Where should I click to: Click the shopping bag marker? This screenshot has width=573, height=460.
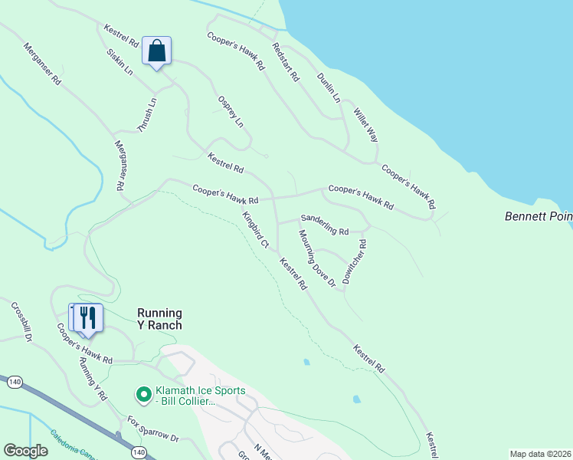(x=156, y=52)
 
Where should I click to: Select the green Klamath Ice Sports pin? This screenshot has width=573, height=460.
(x=142, y=395)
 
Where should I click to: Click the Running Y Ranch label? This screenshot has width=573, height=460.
(x=159, y=319)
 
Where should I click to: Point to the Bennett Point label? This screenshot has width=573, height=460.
(x=538, y=217)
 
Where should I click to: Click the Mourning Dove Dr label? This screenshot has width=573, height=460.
(x=317, y=259)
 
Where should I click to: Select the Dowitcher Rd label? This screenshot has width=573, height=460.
(x=355, y=262)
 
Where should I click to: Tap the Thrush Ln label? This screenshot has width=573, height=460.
(x=147, y=115)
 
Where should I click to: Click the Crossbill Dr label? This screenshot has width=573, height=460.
(x=21, y=321)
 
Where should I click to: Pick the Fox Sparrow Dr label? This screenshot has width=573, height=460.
(x=152, y=429)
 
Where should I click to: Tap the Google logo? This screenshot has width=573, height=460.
(x=26, y=451)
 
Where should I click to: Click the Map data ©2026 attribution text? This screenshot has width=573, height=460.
(x=541, y=454)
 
